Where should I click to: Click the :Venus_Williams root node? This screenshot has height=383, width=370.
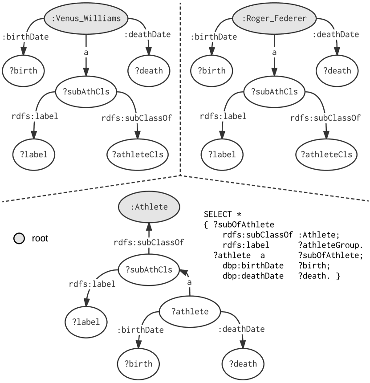[86, 18]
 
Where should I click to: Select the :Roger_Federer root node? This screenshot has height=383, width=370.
[274, 18]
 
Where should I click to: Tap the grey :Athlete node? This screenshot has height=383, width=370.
[149, 207]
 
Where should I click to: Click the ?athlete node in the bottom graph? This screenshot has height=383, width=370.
[190, 311]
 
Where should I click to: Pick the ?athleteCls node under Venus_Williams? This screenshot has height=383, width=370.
[138, 155]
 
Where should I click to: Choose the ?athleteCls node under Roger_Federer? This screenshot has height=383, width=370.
[326, 155]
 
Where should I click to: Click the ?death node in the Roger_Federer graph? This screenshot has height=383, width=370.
[337, 71]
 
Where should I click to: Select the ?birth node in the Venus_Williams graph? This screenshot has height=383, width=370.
[23, 71]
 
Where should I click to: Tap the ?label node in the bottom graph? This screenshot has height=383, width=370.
[86, 322]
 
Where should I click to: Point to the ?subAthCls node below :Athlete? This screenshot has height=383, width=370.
[149, 270]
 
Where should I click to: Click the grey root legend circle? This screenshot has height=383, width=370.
[19, 238]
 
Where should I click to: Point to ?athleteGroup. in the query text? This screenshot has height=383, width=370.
[331, 245]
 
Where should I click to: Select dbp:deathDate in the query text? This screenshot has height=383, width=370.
[253, 276]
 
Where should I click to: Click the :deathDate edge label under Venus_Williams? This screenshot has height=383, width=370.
[147, 34]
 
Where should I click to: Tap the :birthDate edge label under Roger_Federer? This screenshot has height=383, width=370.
[214, 37]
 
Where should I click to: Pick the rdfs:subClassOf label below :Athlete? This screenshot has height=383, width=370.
[149, 242]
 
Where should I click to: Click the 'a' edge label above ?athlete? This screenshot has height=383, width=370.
[189, 283]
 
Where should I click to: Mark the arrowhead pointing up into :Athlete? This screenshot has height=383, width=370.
[149, 227]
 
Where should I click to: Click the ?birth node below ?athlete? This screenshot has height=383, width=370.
[138, 364]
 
